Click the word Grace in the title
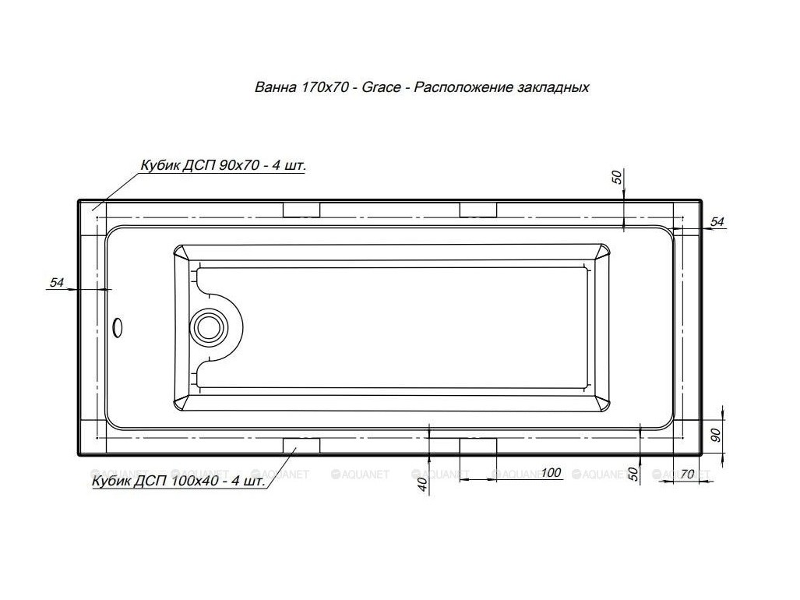point(381,88)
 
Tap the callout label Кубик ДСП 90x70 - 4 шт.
point(224,165)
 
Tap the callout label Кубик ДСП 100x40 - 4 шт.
point(178,481)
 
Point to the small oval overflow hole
point(118,327)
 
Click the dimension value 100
point(551,473)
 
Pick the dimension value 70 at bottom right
point(688,475)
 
